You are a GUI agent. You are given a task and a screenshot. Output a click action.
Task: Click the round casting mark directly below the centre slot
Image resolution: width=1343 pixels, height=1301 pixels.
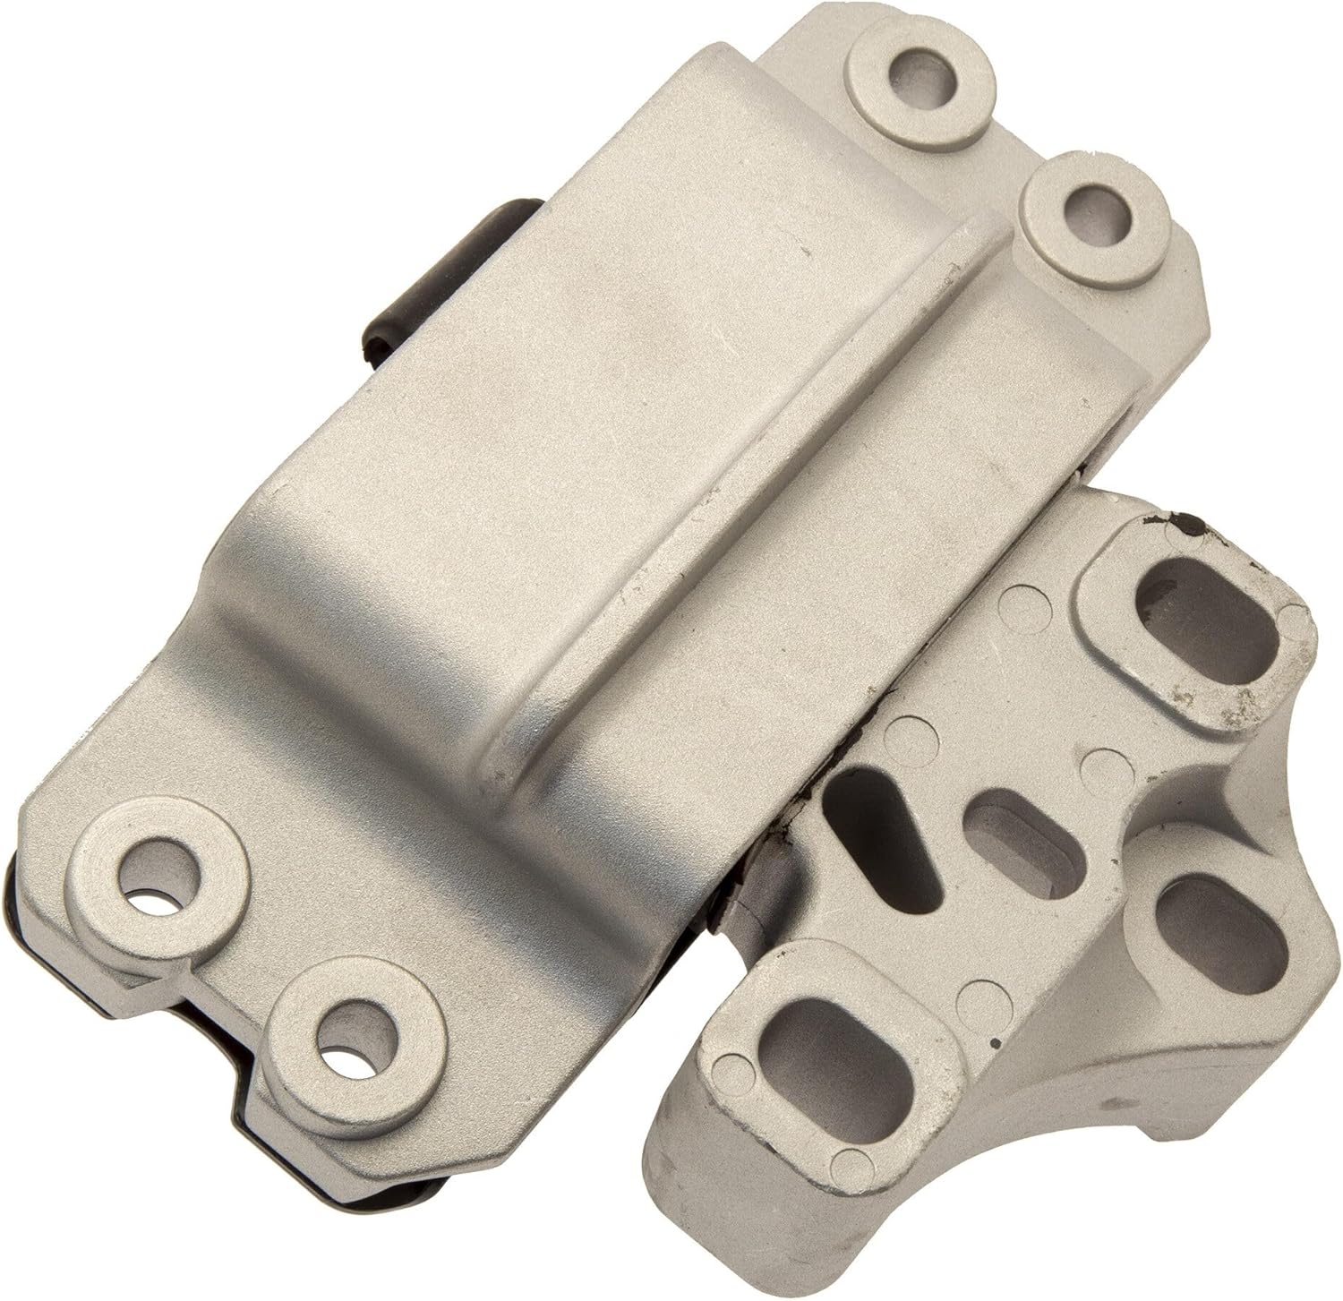[x=975, y=992]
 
